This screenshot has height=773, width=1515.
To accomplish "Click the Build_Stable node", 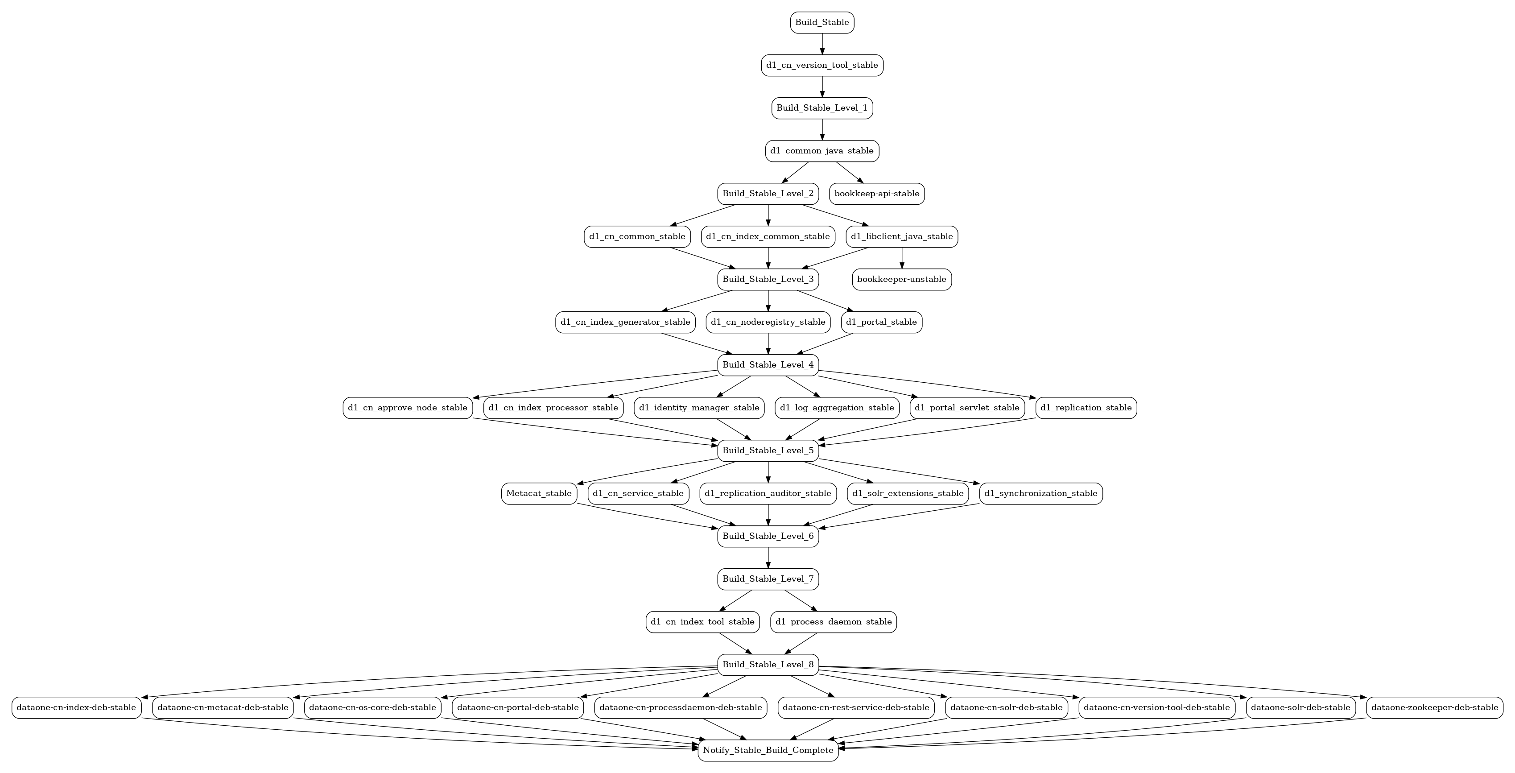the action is pyautogui.click(x=822, y=22).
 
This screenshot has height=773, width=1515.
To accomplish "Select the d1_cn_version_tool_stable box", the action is pyautogui.click(x=822, y=65).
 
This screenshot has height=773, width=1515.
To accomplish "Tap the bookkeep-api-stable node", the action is pyautogui.click(x=877, y=194).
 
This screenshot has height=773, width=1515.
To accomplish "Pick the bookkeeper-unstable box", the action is pyautogui.click(x=902, y=279).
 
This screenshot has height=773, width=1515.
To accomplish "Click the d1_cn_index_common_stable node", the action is pyautogui.click(x=768, y=236).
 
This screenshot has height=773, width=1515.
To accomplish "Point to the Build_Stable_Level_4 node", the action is pyautogui.click(x=768, y=365).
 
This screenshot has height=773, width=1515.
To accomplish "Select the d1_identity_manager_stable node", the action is pyautogui.click(x=699, y=408).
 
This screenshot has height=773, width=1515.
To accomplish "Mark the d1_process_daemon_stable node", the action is pyautogui.click(x=834, y=622).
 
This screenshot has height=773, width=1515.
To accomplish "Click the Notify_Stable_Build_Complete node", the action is pyautogui.click(x=768, y=750).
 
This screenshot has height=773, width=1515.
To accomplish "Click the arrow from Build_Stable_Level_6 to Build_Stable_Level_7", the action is pyautogui.click(x=768, y=558).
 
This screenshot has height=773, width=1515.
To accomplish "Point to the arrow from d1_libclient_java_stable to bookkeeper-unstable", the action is pyautogui.click(x=902, y=258).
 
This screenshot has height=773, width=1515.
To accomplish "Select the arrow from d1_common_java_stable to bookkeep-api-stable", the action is pyautogui.click(x=850, y=172).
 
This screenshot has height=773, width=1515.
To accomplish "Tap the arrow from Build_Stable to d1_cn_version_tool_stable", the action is pyautogui.click(x=822, y=44).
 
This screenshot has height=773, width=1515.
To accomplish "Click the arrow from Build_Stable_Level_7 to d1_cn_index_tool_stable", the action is pyautogui.click(x=736, y=601).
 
